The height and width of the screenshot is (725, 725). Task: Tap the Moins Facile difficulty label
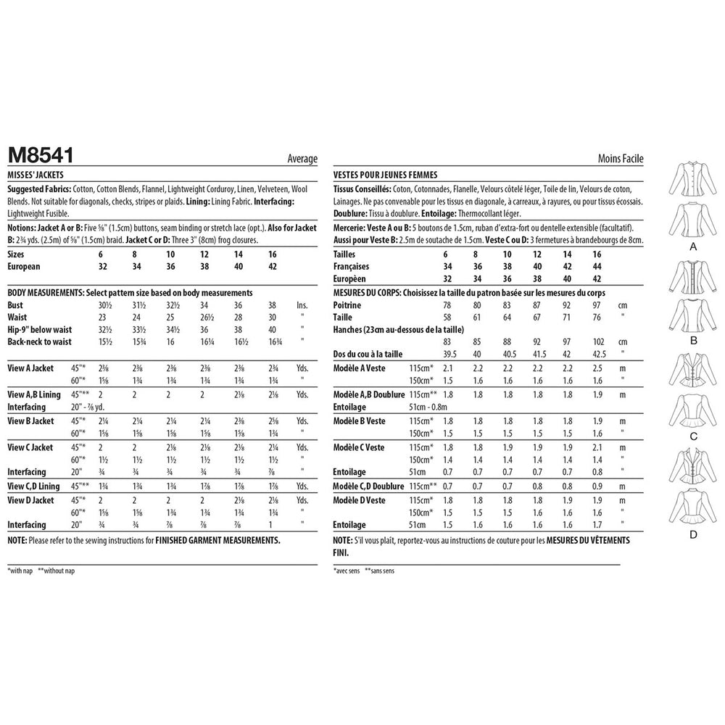(621, 159)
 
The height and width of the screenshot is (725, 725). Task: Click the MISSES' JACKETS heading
(35, 175)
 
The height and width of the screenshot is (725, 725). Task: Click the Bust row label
(15, 304)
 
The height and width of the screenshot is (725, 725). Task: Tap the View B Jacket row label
(30, 420)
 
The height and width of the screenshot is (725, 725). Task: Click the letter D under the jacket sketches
(692, 535)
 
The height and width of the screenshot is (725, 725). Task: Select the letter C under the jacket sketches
(692, 437)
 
